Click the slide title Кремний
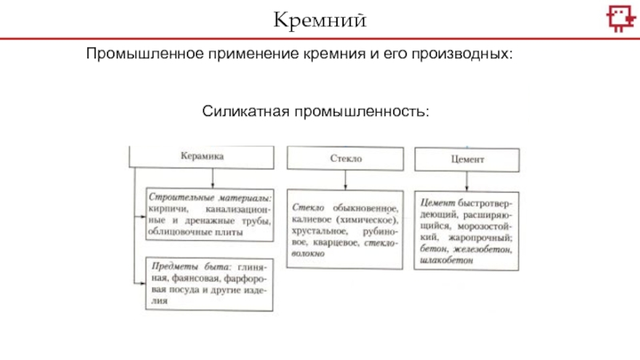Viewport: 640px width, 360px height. click(x=320, y=18)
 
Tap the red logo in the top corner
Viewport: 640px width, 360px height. click(x=617, y=18)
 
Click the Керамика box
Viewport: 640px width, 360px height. click(x=201, y=157)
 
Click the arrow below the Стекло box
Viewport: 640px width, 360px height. click(x=346, y=180)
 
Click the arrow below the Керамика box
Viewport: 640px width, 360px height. click(x=201, y=178)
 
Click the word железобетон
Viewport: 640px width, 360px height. click(x=479, y=249)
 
